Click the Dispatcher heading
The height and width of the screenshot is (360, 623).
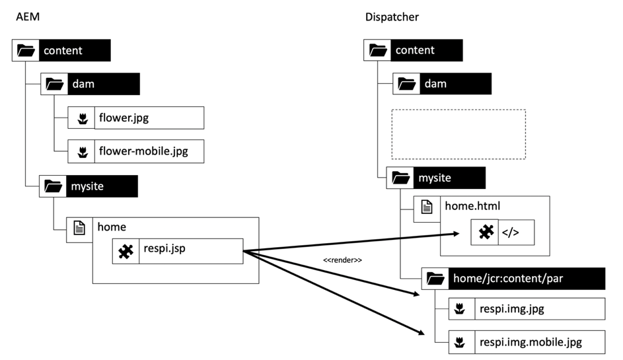(392, 16)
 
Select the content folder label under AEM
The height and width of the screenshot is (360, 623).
(63, 50)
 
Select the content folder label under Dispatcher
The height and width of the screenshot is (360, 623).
(415, 50)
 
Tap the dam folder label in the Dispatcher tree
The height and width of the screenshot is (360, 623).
(435, 84)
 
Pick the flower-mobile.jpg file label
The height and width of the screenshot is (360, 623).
(143, 151)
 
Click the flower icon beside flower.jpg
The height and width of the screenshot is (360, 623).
(82, 118)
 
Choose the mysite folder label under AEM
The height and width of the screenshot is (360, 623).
(88, 186)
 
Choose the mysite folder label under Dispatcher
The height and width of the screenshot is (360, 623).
(435, 178)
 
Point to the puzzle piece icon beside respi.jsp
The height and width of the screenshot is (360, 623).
(126, 251)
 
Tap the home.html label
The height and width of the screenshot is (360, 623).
(472, 206)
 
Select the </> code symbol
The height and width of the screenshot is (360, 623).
(511, 233)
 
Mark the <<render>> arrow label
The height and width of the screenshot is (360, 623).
(342, 260)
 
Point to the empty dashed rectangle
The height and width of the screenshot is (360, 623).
(458, 134)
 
